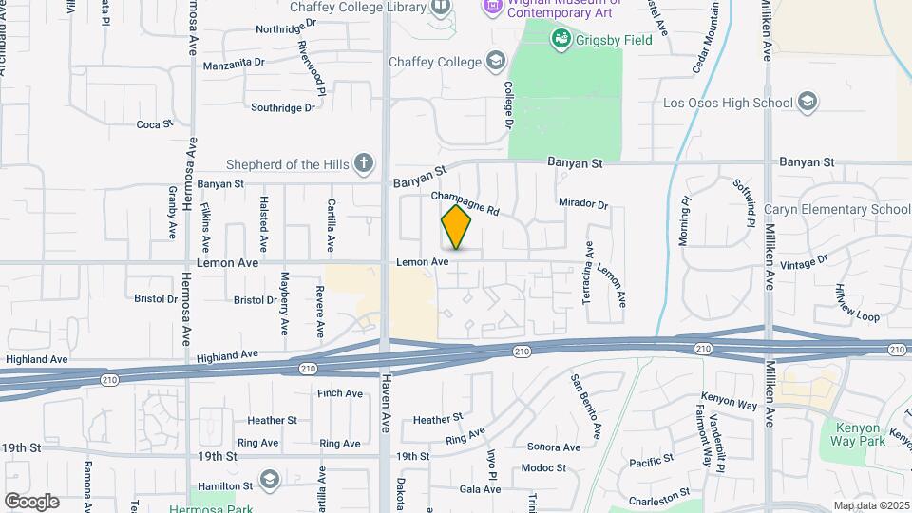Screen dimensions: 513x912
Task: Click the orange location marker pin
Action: pos(457,227)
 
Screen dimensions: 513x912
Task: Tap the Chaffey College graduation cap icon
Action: pos(495,62)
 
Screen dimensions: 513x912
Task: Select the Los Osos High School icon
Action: pos(807,102)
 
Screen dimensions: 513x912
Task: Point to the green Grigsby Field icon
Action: pos(560,39)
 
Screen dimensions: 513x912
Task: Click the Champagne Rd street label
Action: pos(465,202)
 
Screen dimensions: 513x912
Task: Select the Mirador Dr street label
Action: pos(582,203)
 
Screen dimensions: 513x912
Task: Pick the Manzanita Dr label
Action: pos(234,66)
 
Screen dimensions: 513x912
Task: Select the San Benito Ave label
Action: pos(586,406)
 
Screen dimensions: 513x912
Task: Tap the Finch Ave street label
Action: pos(340,393)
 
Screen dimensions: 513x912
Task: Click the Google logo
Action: pos(31,501)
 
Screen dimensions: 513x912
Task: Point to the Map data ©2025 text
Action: pos(870,505)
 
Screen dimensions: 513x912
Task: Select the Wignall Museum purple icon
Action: pos(492,7)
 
